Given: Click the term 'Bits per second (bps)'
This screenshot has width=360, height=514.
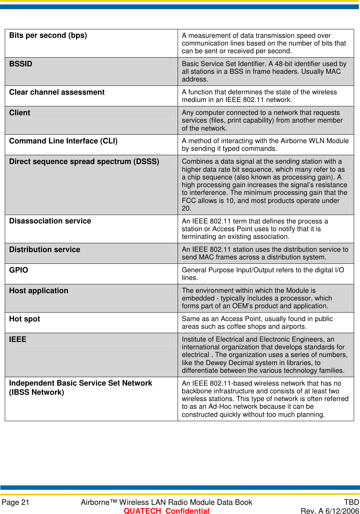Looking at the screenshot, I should coord(48,36).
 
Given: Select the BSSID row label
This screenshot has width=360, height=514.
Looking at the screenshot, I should coord(21,64).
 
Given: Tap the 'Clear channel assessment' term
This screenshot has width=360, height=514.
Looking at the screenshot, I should coord(57,92).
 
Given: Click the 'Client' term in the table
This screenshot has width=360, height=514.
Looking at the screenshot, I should coord(20,113).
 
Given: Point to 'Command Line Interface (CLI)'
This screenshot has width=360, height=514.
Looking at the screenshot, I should coord(63,141).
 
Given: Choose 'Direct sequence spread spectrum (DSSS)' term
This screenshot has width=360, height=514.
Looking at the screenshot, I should coord(84,161).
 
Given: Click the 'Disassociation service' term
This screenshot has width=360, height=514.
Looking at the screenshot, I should coord(50,221).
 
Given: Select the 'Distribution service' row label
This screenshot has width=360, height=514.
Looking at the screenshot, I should coord(44,249).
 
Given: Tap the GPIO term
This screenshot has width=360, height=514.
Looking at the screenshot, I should coord(18,270).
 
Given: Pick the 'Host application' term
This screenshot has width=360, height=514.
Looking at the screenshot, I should coord(39,291).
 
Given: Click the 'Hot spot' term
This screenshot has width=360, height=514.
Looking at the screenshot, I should coord(25,319).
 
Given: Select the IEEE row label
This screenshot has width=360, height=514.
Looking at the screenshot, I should coord(18,339).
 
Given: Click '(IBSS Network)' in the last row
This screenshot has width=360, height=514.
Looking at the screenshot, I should coord(37,392).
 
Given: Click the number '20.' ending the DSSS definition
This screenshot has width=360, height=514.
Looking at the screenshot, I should coord(186,208).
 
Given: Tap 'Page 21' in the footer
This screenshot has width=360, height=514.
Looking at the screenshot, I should coord(15,502).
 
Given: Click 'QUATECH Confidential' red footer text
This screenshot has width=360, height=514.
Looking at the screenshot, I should coord(166,511).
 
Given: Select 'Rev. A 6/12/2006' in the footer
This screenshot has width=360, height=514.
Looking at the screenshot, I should coord(330,511).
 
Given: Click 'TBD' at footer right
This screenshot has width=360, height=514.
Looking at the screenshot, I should coord(351,502).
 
